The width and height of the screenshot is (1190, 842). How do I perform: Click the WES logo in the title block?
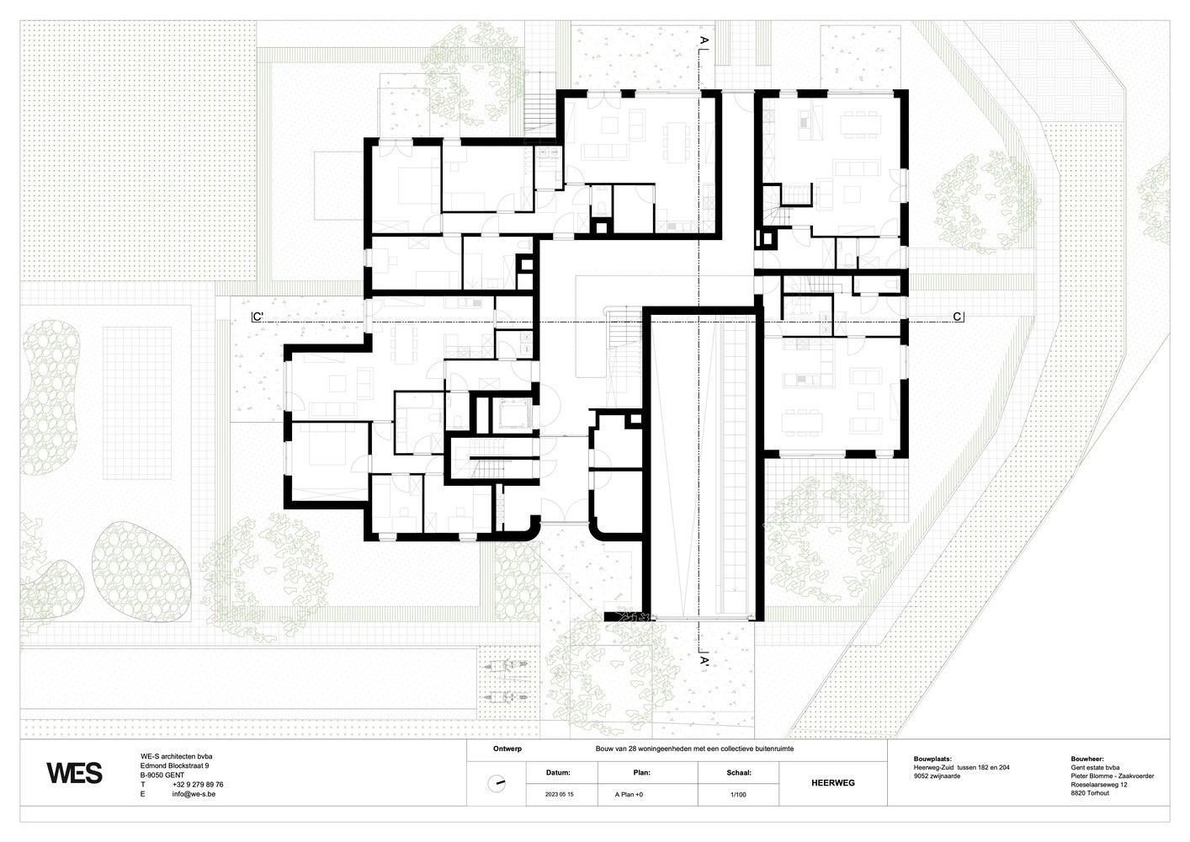click(x=74, y=773)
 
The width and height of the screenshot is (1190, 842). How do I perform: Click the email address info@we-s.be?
click(x=194, y=794)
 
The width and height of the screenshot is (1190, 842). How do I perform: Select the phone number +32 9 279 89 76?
click(x=198, y=784)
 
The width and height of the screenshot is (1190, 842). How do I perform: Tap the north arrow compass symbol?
click(x=497, y=784)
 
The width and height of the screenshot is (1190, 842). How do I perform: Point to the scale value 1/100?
click(x=738, y=795)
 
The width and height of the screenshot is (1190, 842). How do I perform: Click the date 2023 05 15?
click(x=560, y=795)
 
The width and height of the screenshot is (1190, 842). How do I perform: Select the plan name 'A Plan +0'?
click(x=629, y=795)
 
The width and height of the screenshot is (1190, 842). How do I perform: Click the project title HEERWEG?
click(x=833, y=782)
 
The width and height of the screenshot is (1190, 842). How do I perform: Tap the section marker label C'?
click(x=258, y=317)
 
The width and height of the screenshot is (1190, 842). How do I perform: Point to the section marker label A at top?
click(x=704, y=40)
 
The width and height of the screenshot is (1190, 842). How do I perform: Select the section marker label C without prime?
click(x=958, y=317)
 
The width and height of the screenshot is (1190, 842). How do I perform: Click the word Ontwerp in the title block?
click(x=507, y=749)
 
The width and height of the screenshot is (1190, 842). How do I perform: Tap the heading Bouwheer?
click(x=1087, y=759)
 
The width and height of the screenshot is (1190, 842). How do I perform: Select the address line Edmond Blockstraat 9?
click(x=175, y=765)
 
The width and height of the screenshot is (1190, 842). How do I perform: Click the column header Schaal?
click(x=739, y=772)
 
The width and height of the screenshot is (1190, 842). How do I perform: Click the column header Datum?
click(x=558, y=772)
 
